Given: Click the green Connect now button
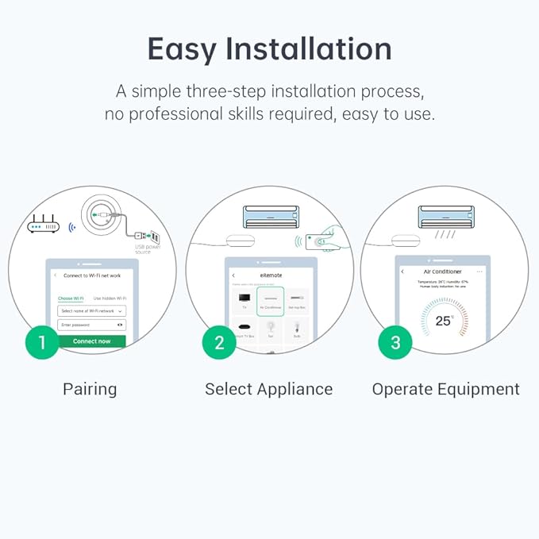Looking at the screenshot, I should point(91,341).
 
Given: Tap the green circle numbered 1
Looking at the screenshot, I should point(42,342).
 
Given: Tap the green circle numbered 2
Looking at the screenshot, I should point(219,342).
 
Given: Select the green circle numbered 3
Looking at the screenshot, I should point(395,342).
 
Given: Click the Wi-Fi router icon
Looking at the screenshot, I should point(44,226).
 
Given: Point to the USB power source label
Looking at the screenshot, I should point(143,248).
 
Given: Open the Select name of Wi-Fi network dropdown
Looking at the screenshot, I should point(91,311).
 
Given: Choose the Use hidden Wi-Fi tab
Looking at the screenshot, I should point(110,298).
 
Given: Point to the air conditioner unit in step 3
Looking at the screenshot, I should point(445,216).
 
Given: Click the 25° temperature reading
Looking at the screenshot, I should point(444,321).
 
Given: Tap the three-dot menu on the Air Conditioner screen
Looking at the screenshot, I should point(479,271).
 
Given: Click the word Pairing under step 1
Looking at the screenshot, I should point(90,389).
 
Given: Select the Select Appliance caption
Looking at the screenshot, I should point(268,389).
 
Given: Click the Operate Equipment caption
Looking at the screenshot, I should point(445,389).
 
